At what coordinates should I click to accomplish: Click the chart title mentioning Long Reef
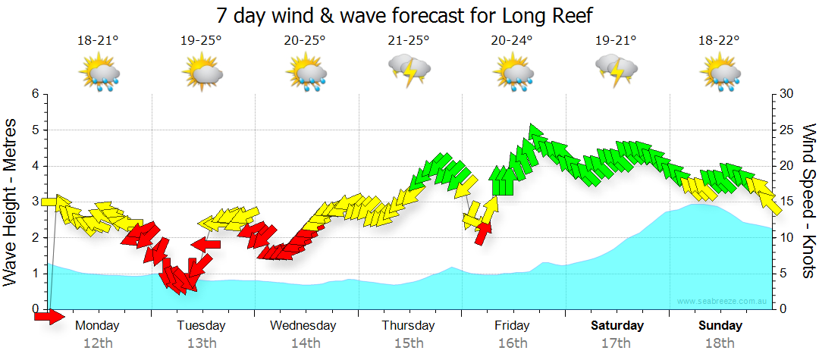[404, 15]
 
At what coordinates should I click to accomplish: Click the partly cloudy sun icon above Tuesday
[202, 74]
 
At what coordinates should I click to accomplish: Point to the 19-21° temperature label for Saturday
[616, 41]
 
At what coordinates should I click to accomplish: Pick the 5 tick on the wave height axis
[35, 130]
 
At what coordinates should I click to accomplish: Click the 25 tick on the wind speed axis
[786, 130]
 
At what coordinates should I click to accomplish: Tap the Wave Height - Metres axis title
[12, 202]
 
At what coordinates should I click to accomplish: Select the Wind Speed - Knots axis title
[808, 202]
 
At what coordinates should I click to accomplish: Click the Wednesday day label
[303, 326]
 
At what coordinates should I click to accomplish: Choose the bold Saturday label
[617, 326]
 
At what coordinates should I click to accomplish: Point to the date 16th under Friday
[513, 343]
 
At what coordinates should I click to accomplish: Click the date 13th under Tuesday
[202, 343]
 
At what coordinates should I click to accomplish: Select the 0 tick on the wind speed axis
[782, 309]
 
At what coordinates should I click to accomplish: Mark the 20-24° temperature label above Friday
[513, 41]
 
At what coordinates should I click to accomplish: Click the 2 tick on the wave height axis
[35, 238]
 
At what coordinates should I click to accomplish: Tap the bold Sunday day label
[720, 326]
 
